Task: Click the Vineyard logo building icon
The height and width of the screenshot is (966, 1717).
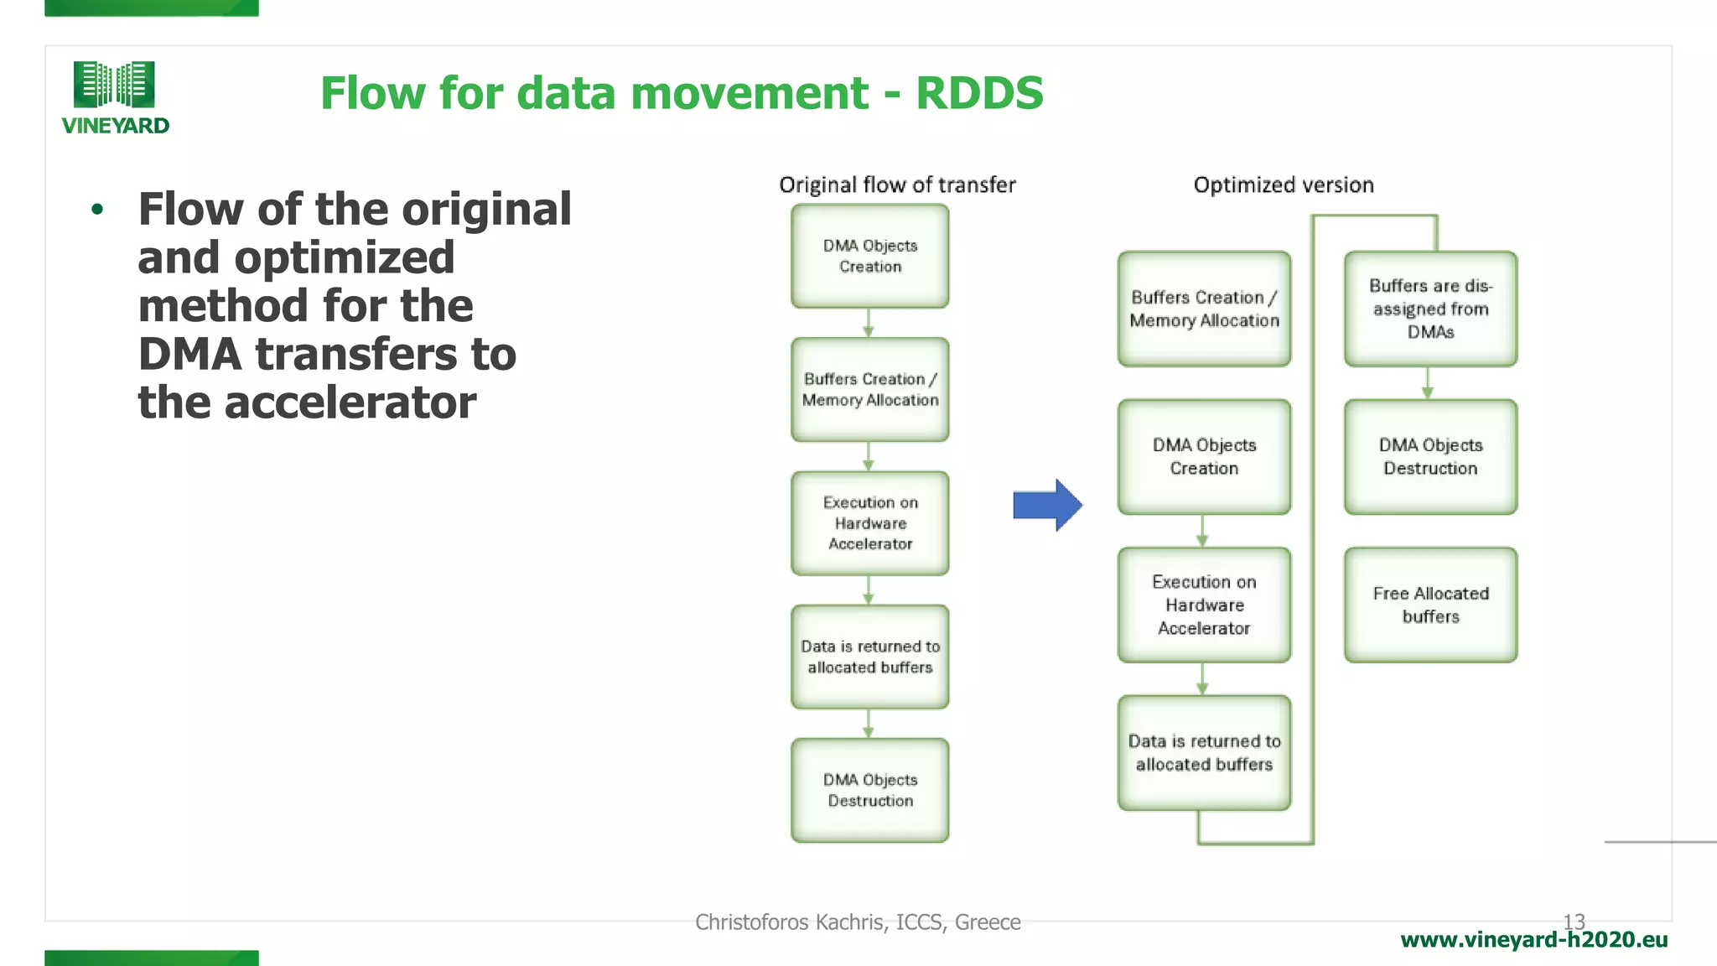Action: click(x=114, y=84)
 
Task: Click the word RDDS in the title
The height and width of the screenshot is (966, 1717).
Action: click(x=979, y=92)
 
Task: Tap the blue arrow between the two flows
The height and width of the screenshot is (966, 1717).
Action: click(x=1047, y=505)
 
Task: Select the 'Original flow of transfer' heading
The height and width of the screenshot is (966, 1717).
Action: click(x=897, y=184)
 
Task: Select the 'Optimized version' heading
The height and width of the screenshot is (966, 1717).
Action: click(x=1284, y=184)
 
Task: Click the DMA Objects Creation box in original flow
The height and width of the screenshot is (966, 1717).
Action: click(x=870, y=256)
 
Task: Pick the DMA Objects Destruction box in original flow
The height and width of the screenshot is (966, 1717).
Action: click(x=870, y=790)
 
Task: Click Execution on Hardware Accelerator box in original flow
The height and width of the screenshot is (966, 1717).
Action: click(x=870, y=523)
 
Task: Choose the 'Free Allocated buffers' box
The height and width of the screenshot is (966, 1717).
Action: click(x=1430, y=605)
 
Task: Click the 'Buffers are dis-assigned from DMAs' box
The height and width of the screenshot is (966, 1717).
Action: click(x=1430, y=309)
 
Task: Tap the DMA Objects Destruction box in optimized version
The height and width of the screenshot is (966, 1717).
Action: click(x=1430, y=456)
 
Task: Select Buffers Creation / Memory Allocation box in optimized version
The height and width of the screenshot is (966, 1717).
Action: click(x=1204, y=309)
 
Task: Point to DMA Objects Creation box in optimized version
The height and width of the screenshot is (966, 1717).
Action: click(x=1204, y=456)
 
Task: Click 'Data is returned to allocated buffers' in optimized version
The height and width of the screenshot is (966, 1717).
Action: click(x=1204, y=752)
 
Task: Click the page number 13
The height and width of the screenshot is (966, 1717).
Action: click(x=1574, y=921)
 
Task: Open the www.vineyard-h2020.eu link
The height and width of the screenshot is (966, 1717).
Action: click(x=1533, y=940)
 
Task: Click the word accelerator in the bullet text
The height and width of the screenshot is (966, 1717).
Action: click(x=350, y=402)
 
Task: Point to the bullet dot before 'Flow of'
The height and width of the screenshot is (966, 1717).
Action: click(x=97, y=210)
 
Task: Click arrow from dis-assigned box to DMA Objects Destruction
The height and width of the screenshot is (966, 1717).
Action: click(x=1428, y=384)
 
